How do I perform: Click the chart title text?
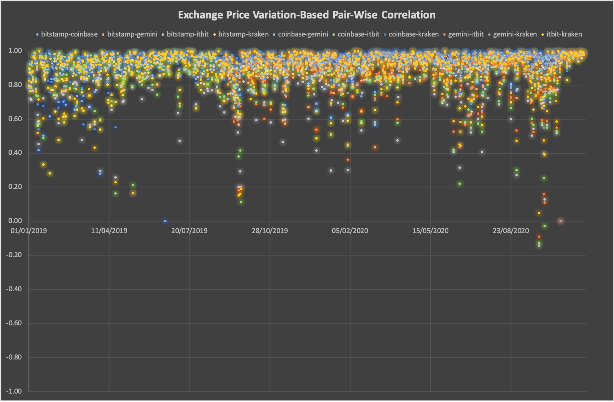[307, 15]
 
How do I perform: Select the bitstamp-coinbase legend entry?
[69, 34]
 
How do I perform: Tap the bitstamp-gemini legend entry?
[132, 34]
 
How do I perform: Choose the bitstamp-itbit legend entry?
[187, 34]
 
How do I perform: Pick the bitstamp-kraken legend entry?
[243, 34]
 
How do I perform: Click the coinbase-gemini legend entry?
[303, 34]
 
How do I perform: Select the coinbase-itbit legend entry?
[358, 34]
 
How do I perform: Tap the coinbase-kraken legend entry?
[413, 34]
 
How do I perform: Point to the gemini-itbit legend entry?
[466, 34]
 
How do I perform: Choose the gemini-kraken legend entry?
[515, 34]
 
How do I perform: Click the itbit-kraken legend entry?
[564, 34]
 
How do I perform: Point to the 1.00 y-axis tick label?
[15, 51]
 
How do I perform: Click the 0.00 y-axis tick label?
[15, 221]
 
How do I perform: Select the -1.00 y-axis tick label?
[14, 391]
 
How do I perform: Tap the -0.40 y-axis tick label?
[14, 289]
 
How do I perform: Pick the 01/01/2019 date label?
[29, 231]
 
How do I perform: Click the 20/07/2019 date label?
[189, 231]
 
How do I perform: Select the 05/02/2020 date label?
[350, 231]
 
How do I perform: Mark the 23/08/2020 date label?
[511, 231]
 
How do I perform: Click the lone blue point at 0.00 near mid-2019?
[165, 221]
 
